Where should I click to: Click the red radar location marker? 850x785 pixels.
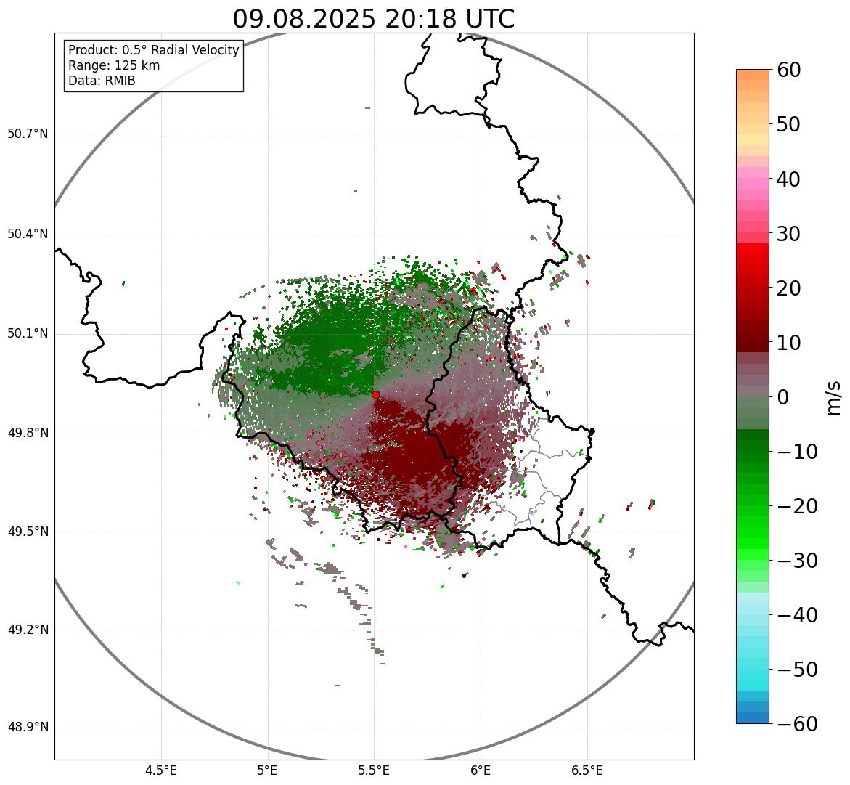(375, 394)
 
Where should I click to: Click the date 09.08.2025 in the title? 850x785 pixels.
(303, 19)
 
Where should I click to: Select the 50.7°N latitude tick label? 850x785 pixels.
(28, 134)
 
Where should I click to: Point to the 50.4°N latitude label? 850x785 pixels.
(28, 234)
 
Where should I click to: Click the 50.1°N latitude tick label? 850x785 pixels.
(28, 334)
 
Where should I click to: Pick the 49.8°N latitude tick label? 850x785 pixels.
(28, 433)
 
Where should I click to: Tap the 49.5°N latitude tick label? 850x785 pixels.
(28, 532)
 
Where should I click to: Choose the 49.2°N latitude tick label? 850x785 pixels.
(28, 630)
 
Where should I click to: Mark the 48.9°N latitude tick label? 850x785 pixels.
(28, 728)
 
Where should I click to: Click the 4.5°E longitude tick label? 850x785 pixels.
(161, 770)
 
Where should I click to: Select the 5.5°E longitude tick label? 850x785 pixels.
(374, 770)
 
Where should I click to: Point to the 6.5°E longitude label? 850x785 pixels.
(587, 770)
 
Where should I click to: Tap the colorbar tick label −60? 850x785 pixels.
(797, 724)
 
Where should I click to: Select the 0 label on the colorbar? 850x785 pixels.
(784, 397)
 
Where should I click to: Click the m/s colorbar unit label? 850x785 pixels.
(834, 397)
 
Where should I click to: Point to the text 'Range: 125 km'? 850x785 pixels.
(114, 65)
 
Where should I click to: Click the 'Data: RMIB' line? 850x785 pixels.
(102, 81)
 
